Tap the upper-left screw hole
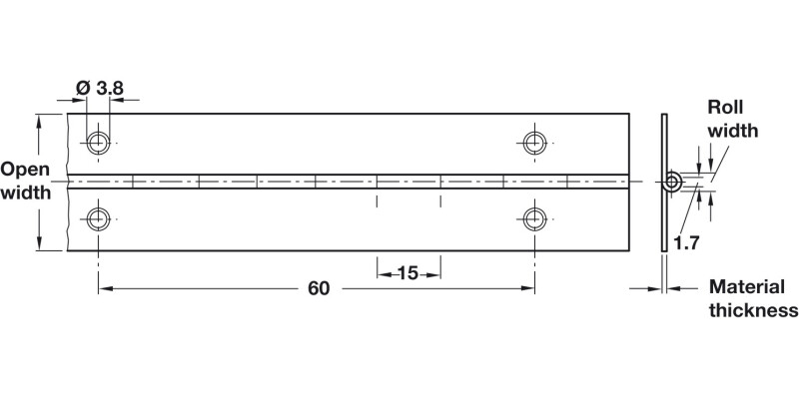tap(98, 142)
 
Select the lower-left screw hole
tap(98, 219)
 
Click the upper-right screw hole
tap(534, 142)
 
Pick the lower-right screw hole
tap(534, 219)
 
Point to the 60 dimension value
tap(318, 289)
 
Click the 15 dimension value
tap(408, 271)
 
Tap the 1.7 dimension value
tap(686, 242)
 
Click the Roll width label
tap(733, 119)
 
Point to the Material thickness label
tap(753, 297)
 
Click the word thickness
tap(753, 309)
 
